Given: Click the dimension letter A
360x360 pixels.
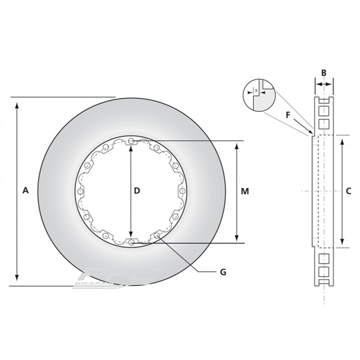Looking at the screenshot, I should coord(26,191).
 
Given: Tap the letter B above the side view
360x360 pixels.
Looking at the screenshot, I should coord(324,73).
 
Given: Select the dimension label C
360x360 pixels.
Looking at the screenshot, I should coord(348,191).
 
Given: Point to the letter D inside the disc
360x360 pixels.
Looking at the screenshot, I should coord(137,191).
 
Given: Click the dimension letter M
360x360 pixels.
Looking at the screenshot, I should coord(244,191).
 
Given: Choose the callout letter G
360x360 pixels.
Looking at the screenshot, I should coord(223,272).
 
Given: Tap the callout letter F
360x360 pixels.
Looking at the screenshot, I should coord(288,114).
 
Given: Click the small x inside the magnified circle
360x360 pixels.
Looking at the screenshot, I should coord(256,91).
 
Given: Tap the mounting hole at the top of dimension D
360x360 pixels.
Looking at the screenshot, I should coord(131,141).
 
